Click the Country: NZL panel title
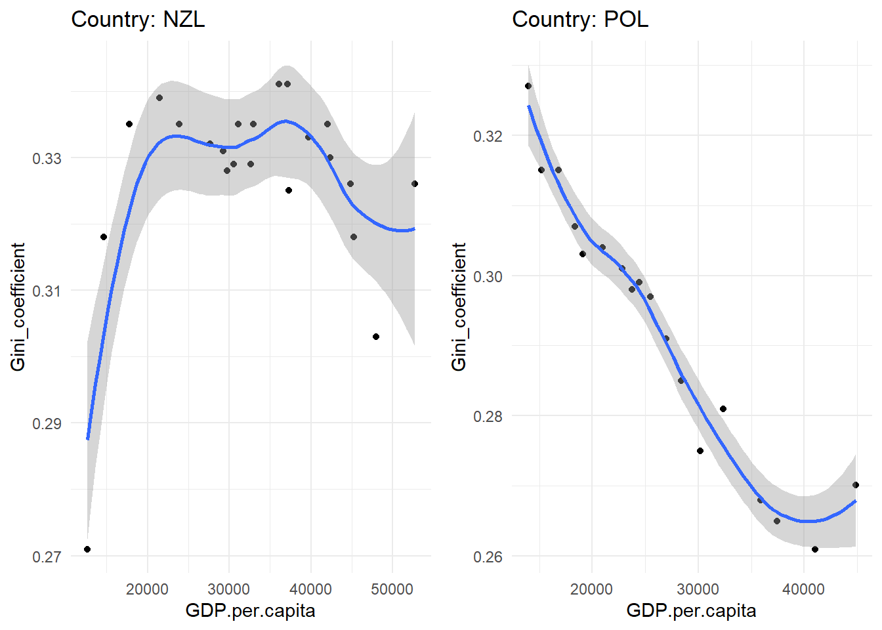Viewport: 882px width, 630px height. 138,19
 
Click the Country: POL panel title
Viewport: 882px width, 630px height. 579,19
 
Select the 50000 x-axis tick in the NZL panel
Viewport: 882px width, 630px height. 392,589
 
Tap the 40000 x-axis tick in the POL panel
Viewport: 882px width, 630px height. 803,589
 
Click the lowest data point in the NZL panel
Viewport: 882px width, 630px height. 87,549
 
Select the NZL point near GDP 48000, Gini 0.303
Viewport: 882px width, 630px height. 376,337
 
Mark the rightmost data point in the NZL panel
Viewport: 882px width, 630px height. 415,184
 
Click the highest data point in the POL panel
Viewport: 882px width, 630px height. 528,86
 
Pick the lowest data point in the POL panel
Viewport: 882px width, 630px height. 815,549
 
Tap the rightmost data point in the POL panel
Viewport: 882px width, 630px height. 856,485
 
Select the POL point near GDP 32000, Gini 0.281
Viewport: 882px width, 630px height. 723,409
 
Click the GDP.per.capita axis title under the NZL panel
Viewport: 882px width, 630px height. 250,611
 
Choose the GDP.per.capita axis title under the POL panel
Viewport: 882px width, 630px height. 691,611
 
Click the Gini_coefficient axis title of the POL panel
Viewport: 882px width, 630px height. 459,306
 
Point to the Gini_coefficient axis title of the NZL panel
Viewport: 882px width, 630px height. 18,306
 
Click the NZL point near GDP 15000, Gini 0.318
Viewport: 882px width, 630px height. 104,237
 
